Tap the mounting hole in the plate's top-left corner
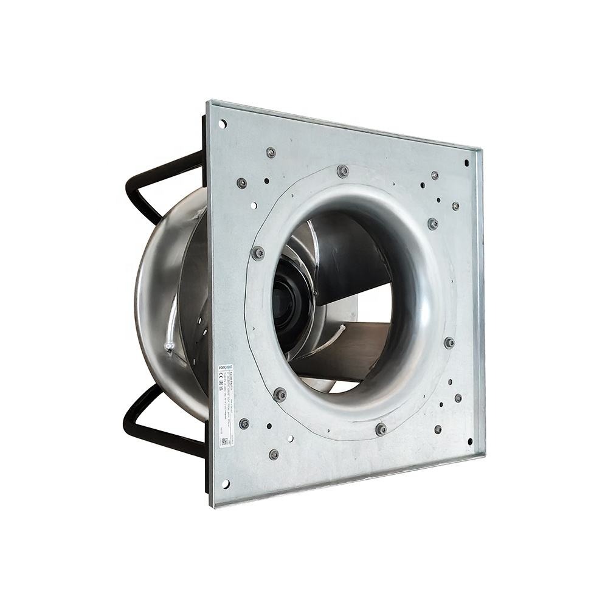point(223,124)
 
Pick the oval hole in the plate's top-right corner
point(467,163)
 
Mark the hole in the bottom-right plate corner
point(469,441)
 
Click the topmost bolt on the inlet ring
point(343,171)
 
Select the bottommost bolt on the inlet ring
point(381,429)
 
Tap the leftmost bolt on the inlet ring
point(258,252)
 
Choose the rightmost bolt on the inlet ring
point(449,343)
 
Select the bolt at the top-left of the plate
point(271,152)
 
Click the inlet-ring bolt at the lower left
point(280,395)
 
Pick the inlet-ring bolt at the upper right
point(433,223)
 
